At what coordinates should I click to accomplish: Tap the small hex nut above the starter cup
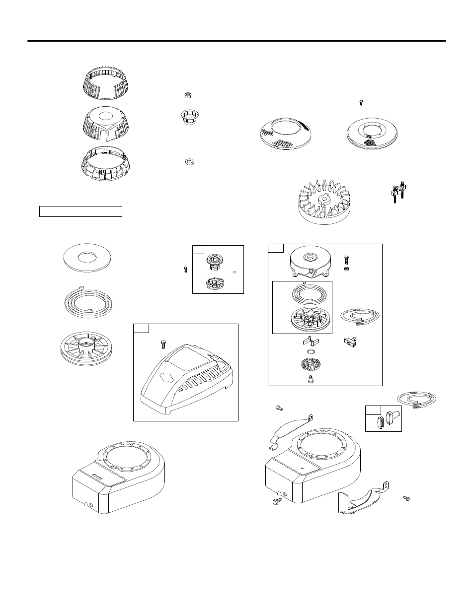coord(188,95)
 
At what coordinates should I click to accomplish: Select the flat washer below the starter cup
coord(189,161)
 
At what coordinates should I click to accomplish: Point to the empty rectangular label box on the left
coord(80,211)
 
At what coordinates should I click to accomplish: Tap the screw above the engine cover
coord(163,343)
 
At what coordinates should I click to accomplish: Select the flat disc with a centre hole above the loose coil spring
coord(87,258)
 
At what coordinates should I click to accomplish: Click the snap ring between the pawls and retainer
coord(311,352)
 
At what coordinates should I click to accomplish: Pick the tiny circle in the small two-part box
coord(234,271)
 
